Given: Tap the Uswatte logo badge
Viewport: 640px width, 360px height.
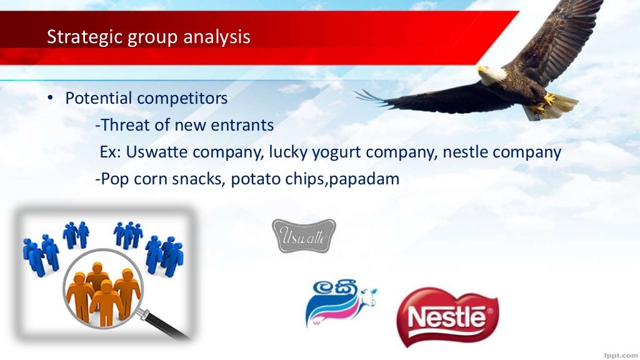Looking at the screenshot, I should [x=304, y=236].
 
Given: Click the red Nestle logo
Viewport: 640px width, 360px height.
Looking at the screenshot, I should [x=447, y=317].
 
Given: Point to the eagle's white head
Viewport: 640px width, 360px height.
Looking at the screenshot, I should [x=491, y=74].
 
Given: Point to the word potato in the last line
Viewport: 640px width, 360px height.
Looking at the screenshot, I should [x=256, y=179].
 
